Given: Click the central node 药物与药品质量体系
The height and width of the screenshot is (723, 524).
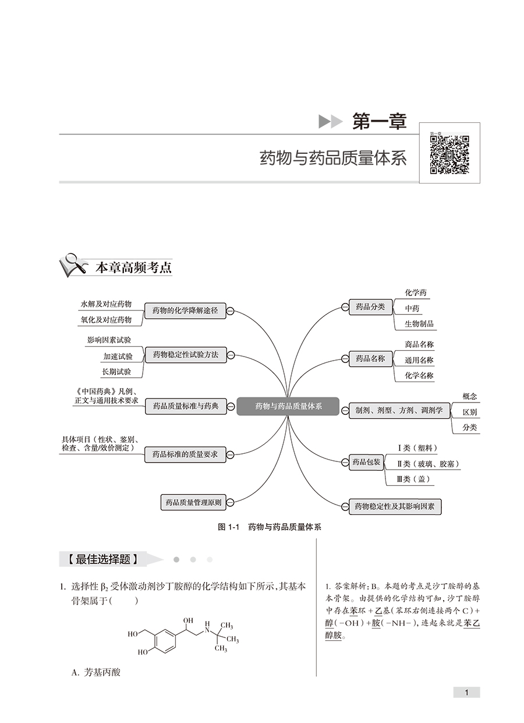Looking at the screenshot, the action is [288, 406].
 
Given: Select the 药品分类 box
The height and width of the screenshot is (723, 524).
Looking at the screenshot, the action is [370, 307].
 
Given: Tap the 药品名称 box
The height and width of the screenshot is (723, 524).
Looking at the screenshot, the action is [370, 359].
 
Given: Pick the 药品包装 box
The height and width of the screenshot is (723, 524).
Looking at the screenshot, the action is [366, 463].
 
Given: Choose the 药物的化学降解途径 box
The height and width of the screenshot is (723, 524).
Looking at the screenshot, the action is [185, 311].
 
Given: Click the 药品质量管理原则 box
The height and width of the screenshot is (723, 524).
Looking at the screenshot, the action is [192, 502].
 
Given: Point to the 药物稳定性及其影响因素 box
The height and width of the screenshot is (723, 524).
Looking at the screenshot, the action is [394, 506].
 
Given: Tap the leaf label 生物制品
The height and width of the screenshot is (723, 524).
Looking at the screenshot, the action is [419, 324].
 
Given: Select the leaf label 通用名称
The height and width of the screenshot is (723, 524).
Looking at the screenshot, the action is [419, 361].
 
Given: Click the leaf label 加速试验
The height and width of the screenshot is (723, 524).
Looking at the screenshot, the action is [118, 356].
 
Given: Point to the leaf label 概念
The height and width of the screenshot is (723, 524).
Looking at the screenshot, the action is [469, 396].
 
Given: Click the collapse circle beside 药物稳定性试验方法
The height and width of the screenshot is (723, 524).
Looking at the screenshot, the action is [231, 355].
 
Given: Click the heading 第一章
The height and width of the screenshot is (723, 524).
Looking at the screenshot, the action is [379, 121].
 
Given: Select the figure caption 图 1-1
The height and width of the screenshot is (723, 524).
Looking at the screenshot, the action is [229, 527].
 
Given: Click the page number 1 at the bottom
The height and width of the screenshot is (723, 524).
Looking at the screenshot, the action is [466, 692].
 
